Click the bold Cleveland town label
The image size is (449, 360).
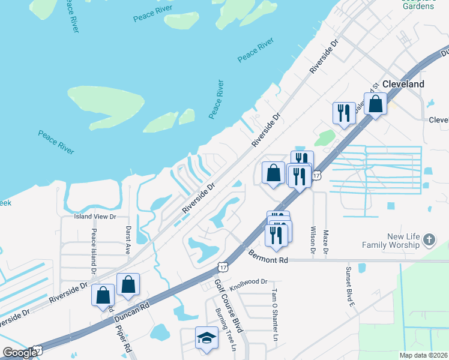tap(403, 84)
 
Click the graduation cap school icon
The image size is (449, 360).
tap(206, 338)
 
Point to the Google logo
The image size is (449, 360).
tap(20, 353)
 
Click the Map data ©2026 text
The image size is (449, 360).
tap(423, 355)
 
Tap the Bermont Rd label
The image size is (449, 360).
tap(269, 257)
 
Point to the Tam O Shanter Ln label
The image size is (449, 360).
tap(274, 315)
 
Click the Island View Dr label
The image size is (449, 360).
tap(94, 216)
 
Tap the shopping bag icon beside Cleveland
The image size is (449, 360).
tap(375, 104)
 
